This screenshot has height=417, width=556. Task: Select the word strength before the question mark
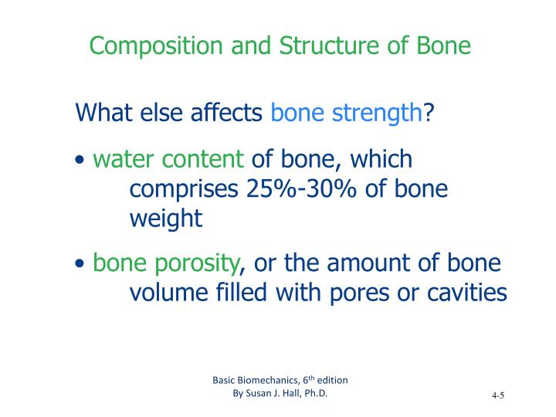378,114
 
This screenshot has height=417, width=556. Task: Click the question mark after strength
429,114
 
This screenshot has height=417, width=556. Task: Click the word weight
165,219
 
